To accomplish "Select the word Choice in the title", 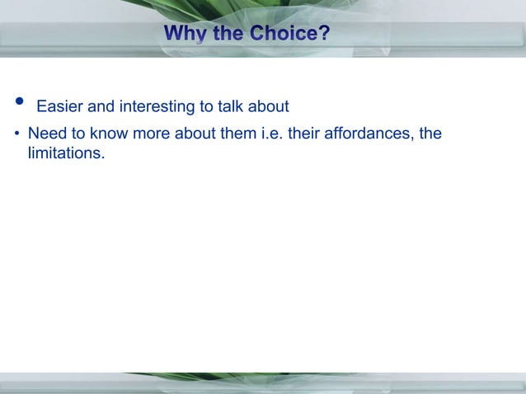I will [284, 35].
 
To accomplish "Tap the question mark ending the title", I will [324, 35].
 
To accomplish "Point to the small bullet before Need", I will [17, 134].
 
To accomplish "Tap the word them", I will [237, 133].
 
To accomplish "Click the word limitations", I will [66, 153].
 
